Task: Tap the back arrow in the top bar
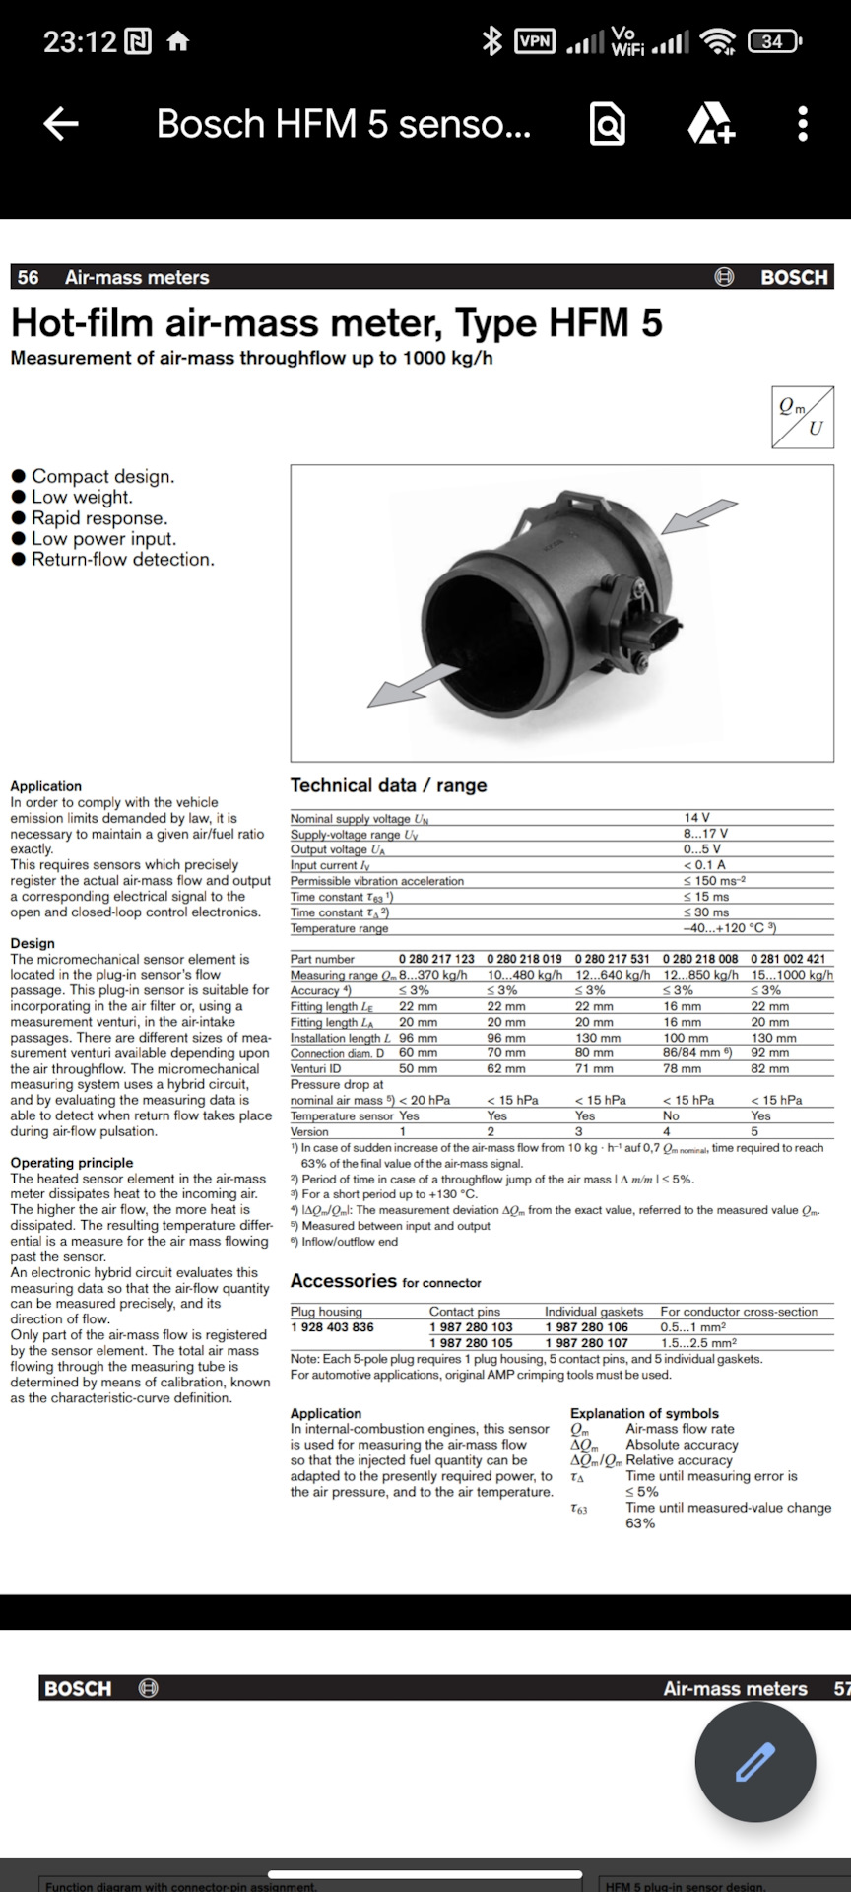point(61,123)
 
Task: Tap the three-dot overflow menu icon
point(803,123)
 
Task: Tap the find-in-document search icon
point(607,124)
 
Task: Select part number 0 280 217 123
point(436,959)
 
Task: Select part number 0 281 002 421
point(788,959)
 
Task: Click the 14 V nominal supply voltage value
point(696,818)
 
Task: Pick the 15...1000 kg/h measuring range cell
point(792,975)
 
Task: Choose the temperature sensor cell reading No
point(671,1115)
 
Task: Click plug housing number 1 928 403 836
point(332,1327)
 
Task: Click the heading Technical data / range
point(388,785)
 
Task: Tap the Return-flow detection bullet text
point(122,559)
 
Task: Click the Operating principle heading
point(71,1163)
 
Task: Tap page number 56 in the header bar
point(29,277)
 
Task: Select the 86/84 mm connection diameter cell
point(697,1053)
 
